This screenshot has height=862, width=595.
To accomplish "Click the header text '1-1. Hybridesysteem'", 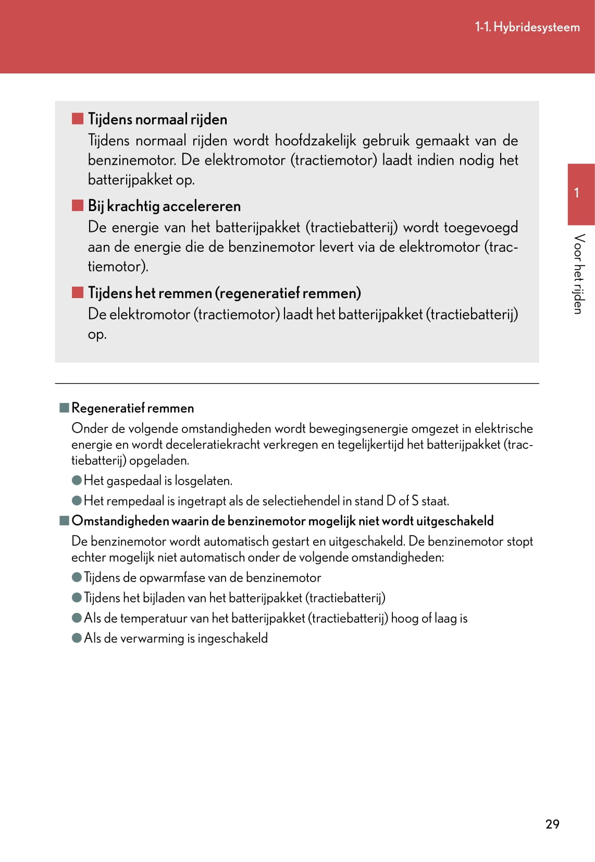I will [x=527, y=27].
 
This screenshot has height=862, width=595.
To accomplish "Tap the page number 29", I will [x=552, y=824].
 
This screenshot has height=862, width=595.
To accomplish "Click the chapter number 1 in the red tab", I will [x=576, y=193].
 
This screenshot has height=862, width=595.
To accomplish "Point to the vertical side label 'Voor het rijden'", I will [x=578, y=274].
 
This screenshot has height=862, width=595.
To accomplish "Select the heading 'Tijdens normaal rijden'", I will [x=157, y=119].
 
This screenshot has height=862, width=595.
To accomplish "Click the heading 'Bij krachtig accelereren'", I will [x=164, y=206].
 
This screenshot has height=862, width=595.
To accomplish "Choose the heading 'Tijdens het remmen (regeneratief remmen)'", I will [x=224, y=293].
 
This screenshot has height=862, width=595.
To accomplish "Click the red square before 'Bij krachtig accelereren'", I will [x=78, y=205].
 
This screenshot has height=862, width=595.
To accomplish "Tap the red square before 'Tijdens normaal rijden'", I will [x=78, y=119].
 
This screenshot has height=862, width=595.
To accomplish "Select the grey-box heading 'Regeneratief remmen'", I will [x=132, y=408].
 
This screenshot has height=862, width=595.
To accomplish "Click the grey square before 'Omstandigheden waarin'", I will [x=65, y=521].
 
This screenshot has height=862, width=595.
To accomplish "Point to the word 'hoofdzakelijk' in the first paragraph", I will [x=315, y=141].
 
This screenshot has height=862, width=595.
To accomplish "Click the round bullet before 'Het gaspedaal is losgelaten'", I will [x=77, y=480].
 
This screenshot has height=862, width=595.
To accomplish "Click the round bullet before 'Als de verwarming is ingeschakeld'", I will [x=77, y=638].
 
